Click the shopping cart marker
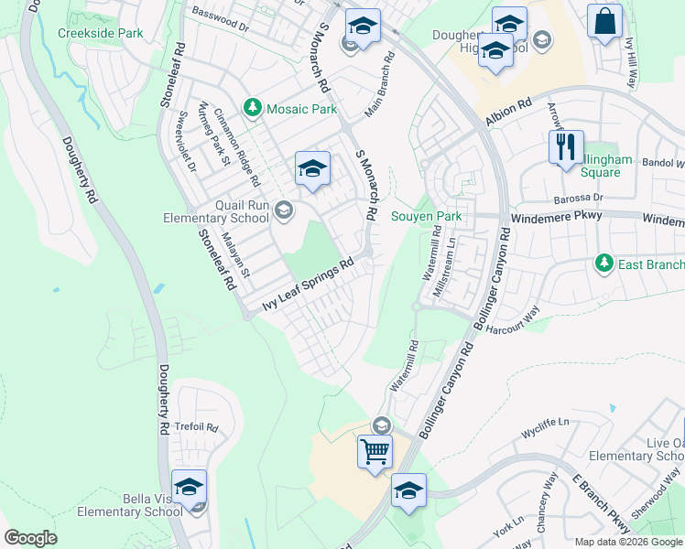click(x=375, y=450)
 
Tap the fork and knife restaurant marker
click(x=566, y=145)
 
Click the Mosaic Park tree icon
click(x=252, y=108)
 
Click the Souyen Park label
click(x=427, y=217)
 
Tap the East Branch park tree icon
click(x=603, y=264)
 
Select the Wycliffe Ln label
click(x=545, y=423)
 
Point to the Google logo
click(x=30, y=538)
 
